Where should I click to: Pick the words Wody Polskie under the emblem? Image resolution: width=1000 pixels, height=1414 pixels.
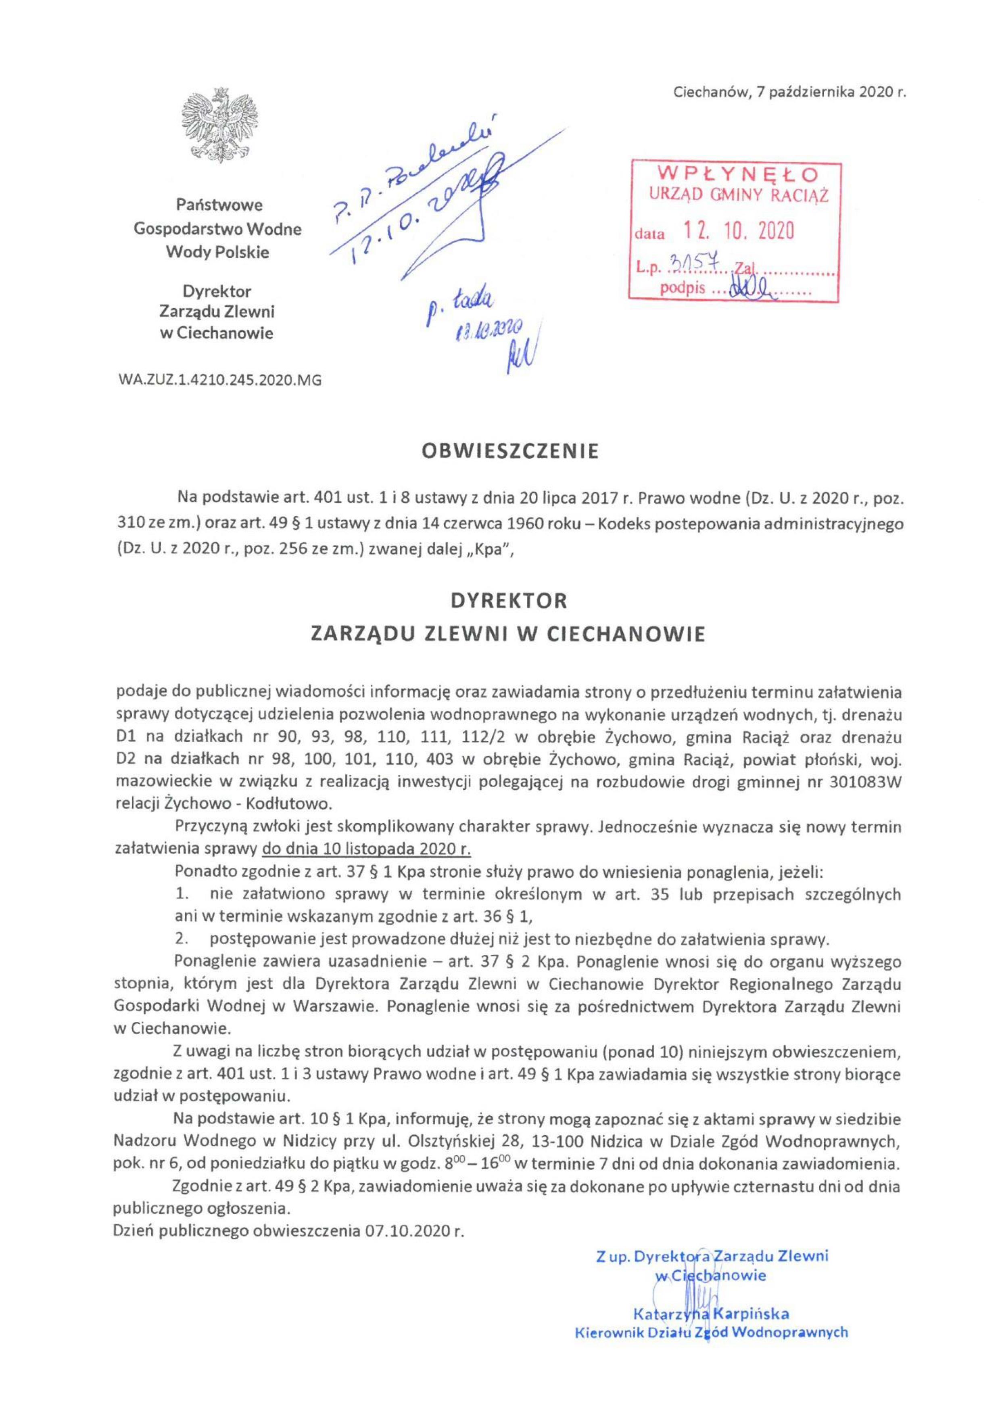pyautogui.click(x=218, y=253)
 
